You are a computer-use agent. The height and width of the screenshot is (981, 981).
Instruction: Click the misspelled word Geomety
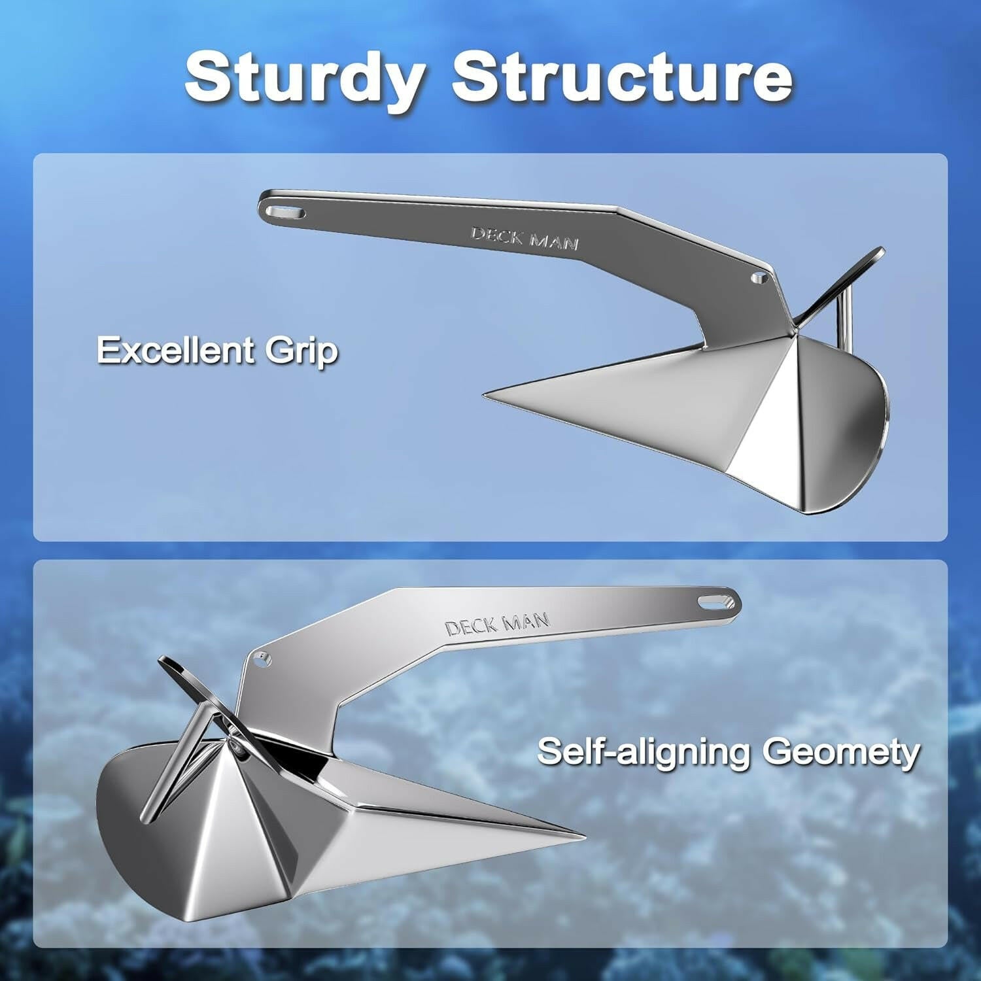pyautogui.click(x=841, y=752)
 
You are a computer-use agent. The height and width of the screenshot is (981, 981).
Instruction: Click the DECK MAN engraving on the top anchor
pyautogui.click(x=525, y=238)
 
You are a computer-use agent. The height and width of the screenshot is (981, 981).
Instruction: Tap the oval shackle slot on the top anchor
pyautogui.click(x=286, y=213)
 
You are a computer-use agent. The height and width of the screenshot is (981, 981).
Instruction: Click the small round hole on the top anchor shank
pyautogui.click(x=759, y=277)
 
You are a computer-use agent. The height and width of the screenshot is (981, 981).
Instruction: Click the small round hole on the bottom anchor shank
pyautogui.click(x=263, y=659)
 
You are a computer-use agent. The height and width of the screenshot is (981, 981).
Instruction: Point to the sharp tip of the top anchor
pyautogui.click(x=486, y=395)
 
